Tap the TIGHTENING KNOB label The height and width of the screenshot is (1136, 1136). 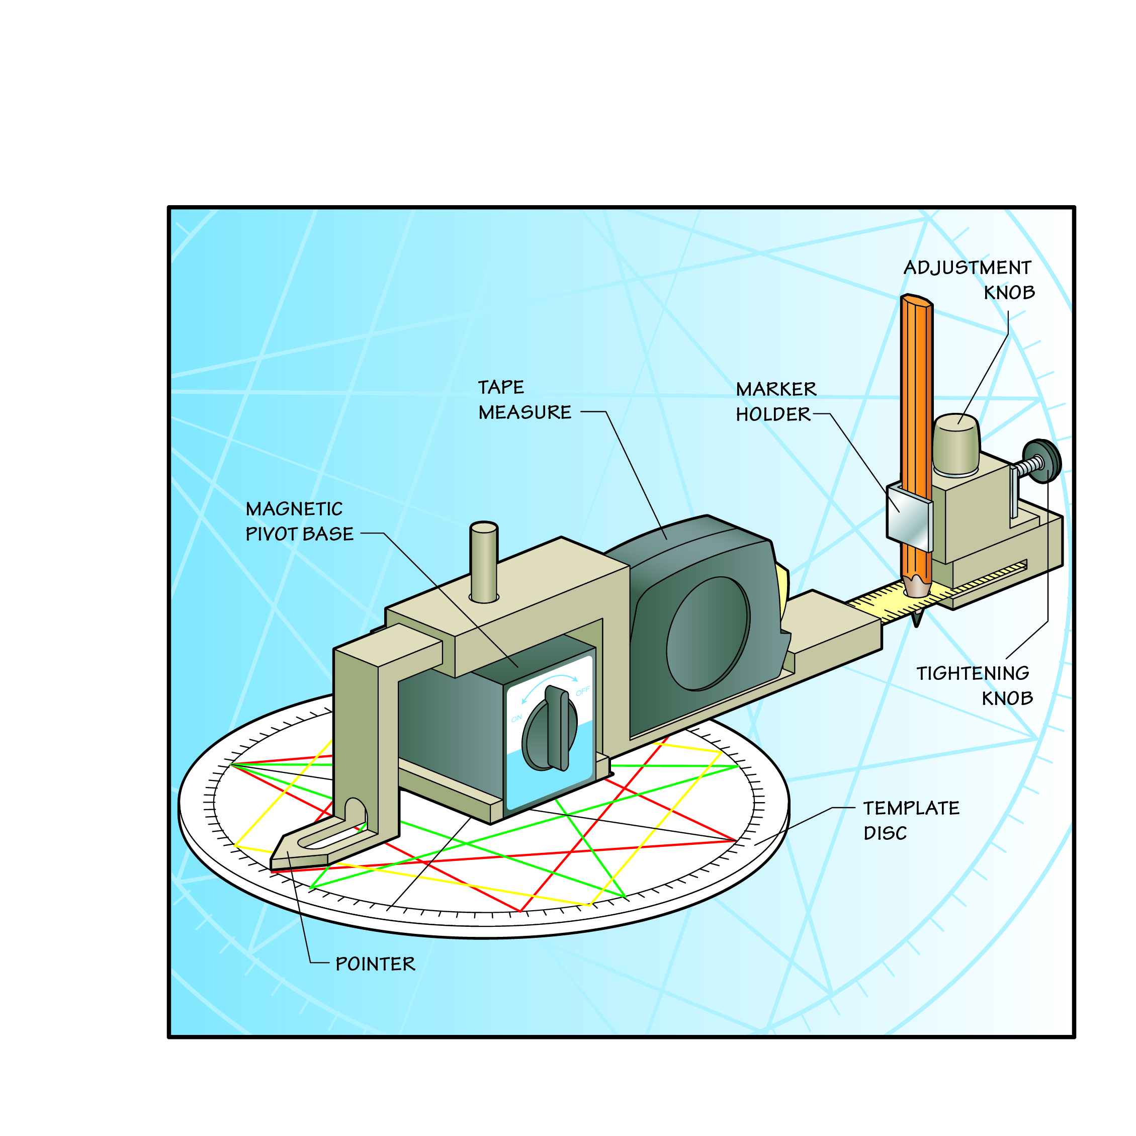(x=974, y=685)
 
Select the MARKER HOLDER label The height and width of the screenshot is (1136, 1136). (x=775, y=402)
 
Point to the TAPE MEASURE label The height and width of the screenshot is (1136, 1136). (x=524, y=400)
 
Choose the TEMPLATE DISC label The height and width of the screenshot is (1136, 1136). (x=911, y=820)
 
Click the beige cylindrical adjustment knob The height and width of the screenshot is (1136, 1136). (x=955, y=444)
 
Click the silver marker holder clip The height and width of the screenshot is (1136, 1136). (x=908, y=517)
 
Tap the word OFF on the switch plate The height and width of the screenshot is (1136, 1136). (x=582, y=691)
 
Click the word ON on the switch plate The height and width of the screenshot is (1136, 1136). (x=516, y=719)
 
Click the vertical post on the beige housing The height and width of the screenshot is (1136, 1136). (x=484, y=562)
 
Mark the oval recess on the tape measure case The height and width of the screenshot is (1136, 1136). (x=708, y=633)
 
